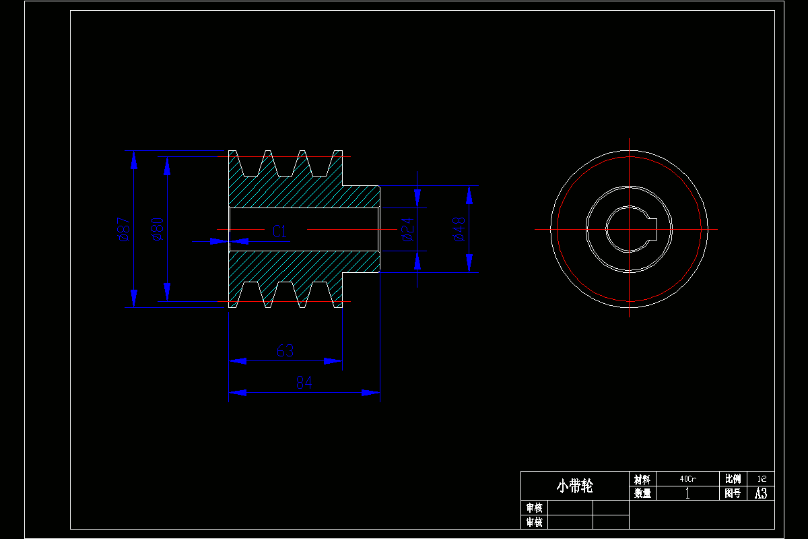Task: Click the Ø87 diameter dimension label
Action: [x=123, y=229]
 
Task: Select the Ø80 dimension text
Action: [x=157, y=229]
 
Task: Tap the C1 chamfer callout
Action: [x=280, y=232]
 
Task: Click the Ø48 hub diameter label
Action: [x=458, y=229]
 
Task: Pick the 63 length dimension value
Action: [x=285, y=351]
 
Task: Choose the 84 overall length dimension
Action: [x=304, y=383]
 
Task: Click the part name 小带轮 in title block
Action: [x=574, y=486]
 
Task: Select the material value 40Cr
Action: [x=687, y=479]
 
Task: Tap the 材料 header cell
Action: [x=642, y=479]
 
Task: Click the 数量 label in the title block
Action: [x=642, y=493]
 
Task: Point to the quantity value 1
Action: [x=687, y=493]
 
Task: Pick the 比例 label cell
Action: [x=733, y=479]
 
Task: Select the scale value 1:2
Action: [x=762, y=479]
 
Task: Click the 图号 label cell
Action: [x=733, y=493]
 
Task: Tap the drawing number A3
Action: [x=762, y=493]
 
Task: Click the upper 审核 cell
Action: [x=534, y=507]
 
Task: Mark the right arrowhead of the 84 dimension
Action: [x=372, y=392]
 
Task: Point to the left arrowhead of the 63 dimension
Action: [x=238, y=360]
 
